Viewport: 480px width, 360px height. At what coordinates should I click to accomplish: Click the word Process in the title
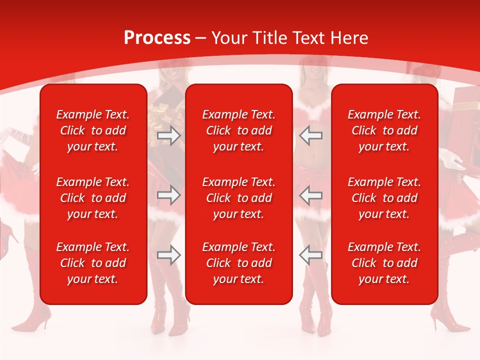tap(157, 38)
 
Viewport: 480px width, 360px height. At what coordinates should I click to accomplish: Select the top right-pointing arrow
tap(168, 135)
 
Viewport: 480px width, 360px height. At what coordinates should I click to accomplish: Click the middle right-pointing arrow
tap(168, 195)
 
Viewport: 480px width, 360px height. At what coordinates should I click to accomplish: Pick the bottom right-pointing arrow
tap(168, 255)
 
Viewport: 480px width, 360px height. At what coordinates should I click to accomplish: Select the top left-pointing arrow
tap(311, 135)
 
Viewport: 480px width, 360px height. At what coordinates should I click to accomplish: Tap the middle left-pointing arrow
tap(311, 195)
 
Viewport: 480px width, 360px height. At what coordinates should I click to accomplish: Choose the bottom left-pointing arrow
tap(311, 255)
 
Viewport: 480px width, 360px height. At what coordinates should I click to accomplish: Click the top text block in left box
tap(93, 130)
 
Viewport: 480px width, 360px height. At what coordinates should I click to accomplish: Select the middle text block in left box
tap(93, 198)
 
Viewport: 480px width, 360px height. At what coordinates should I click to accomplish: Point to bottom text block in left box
tap(93, 263)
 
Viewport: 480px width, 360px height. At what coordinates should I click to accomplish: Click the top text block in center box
tap(238, 130)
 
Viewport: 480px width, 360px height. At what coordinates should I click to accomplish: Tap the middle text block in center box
tap(238, 198)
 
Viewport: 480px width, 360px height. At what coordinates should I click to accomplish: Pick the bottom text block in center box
tap(238, 263)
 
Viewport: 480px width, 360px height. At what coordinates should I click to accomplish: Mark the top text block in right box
tap(384, 130)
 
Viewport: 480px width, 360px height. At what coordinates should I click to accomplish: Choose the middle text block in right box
tap(384, 198)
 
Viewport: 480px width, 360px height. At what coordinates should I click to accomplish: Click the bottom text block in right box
tap(384, 263)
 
